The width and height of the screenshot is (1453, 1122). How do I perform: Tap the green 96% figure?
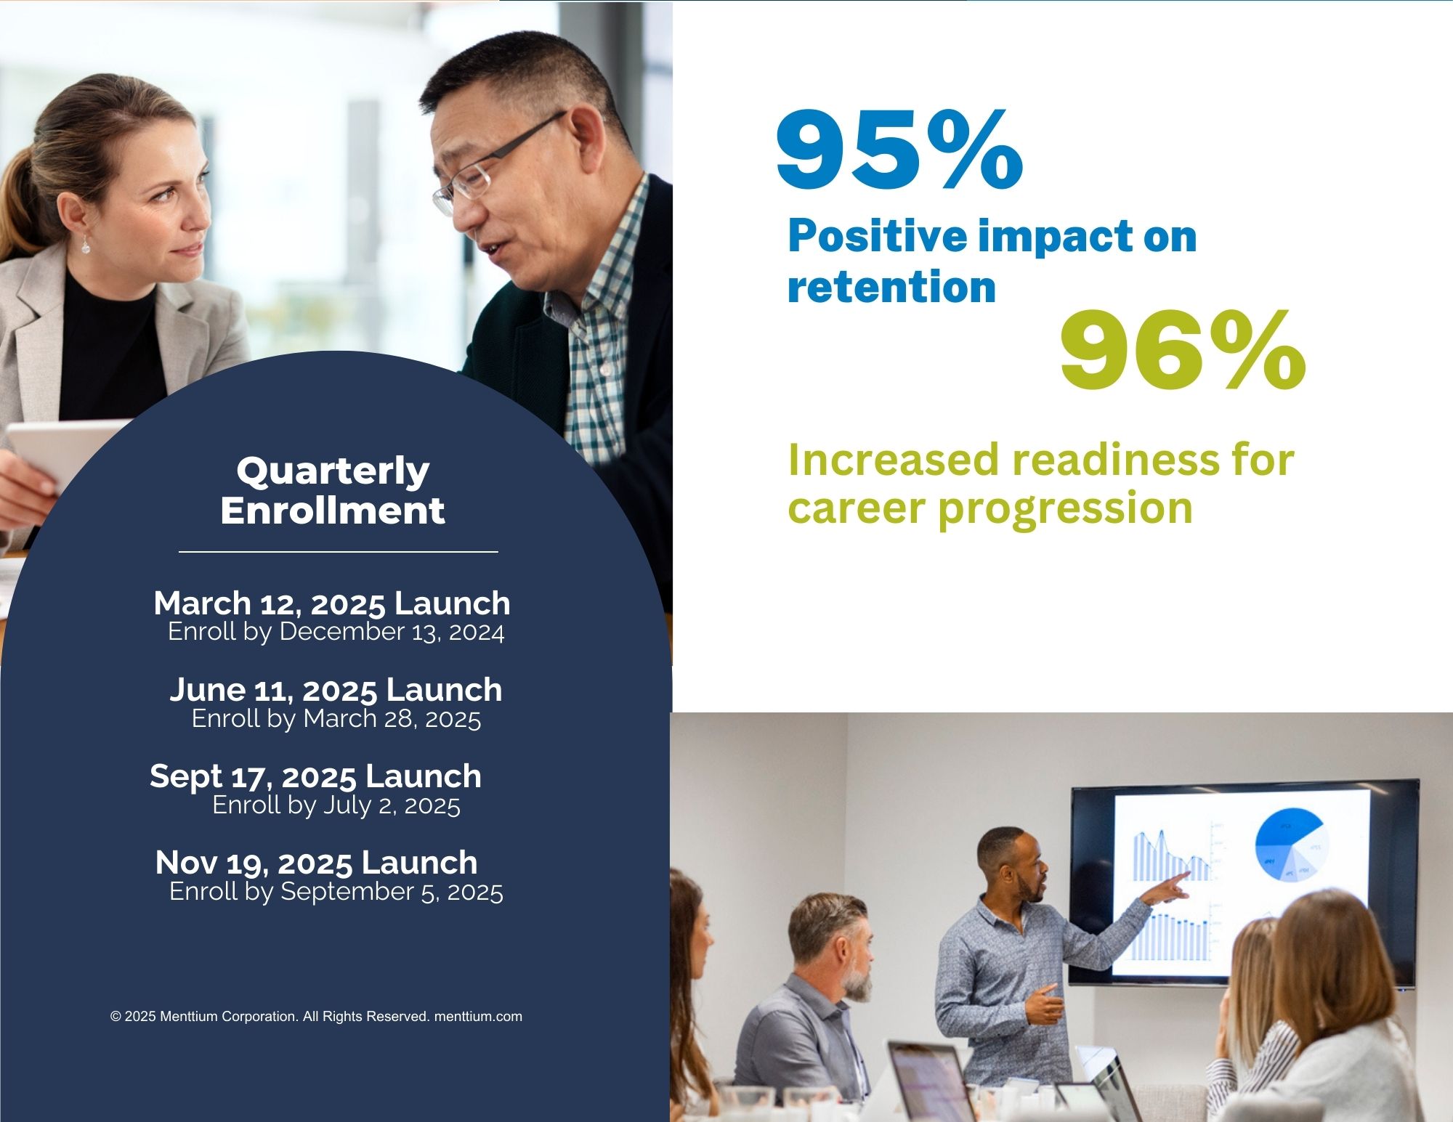coord(1183,350)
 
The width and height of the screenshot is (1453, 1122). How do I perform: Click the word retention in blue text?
coord(891,287)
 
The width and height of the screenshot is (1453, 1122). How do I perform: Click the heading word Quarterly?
coord(333,472)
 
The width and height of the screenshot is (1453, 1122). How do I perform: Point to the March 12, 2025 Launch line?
coord(332,603)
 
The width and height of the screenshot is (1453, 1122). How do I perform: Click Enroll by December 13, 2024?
coord(336,632)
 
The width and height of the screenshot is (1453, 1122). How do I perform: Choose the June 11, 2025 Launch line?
coord(336,690)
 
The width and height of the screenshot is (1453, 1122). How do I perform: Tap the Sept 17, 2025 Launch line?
coord(315,776)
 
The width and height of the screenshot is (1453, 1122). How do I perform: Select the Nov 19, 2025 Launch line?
coord(316,863)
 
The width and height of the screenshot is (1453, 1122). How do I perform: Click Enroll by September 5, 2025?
coord(336,892)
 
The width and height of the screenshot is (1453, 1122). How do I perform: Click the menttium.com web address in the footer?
coord(478,1017)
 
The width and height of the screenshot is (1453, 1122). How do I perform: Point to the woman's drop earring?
coord(86,244)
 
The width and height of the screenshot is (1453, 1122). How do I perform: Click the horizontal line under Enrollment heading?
coord(339,552)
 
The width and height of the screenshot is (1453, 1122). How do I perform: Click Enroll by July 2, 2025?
coord(336,805)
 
